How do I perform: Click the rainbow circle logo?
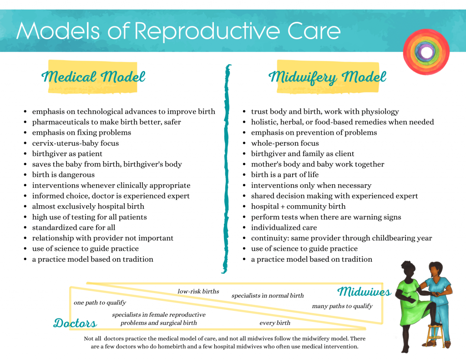coord(426,52)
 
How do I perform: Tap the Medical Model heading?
coord(93,76)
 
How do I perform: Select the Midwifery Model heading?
coord(327,76)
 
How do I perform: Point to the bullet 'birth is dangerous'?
coord(63,175)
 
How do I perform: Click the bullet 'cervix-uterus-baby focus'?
coord(75,143)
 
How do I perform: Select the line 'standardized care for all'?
coord(73,228)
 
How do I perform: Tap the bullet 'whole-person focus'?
coord(285,143)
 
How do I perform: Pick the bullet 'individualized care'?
coord(284,228)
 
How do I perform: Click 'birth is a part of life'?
coord(285,175)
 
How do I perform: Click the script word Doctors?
coord(75,323)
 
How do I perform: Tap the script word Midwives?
coord(364,292)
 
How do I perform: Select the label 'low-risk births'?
coord(198,291)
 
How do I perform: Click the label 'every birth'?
coord(275,323)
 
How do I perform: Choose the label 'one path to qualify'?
coord(100,303)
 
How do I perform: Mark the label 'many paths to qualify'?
coord(342,306)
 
